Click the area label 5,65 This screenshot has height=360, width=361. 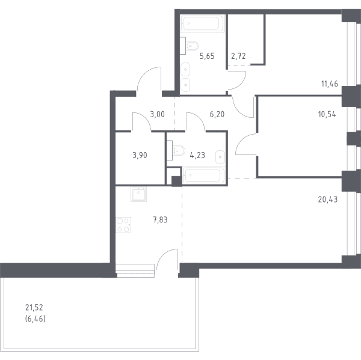coord(207,56)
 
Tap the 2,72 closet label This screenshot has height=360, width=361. coord(238,56)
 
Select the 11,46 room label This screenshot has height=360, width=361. coord(330,84)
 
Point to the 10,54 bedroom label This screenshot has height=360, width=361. coord(327,114)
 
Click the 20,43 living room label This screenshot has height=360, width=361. coord(328,200)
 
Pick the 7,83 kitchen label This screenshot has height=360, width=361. coord(160,220)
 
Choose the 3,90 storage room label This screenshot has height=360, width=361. coord(140,156)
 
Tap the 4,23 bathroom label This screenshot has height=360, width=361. coord(197,156)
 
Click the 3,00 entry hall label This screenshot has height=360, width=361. coord(157,114)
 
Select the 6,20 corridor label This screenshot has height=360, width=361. coord(217,114)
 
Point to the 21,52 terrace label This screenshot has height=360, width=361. coord(34,307)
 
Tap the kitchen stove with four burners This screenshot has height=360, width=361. coord(123,225)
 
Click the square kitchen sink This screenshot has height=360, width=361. coord(138,194)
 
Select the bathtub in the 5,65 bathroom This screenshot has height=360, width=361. coord(202,23)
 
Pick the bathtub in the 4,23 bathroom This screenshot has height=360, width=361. coord(203,175)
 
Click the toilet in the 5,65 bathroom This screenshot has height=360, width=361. coord(190,46)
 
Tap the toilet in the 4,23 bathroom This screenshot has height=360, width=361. coord(176,150)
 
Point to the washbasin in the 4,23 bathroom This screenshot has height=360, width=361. coord(220,157)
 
